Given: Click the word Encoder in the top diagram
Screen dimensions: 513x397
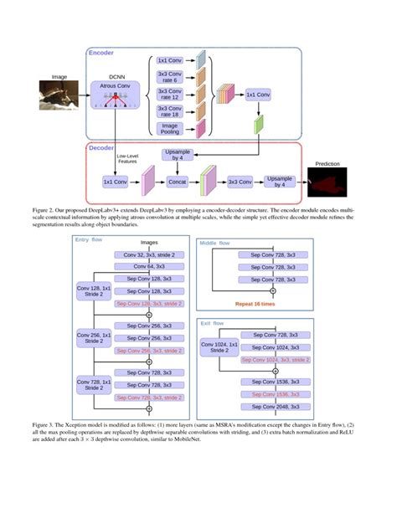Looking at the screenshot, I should click(102, 52).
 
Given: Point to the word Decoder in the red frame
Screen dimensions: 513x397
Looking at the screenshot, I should click(103, 148).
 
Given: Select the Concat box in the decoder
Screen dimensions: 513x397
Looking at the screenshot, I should click(177, 180).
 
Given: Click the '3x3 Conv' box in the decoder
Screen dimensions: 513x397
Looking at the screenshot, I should click(239, 180).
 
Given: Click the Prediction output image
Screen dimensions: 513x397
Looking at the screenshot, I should click(327, 178).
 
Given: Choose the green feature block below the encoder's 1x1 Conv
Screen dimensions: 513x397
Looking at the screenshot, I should click(260, 125).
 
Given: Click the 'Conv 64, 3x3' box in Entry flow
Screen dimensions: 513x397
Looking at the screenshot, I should click(149, 266).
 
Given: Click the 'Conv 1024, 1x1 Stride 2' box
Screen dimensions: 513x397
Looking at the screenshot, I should click(217, 347).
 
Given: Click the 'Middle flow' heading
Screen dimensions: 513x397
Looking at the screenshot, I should click(216, 244).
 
